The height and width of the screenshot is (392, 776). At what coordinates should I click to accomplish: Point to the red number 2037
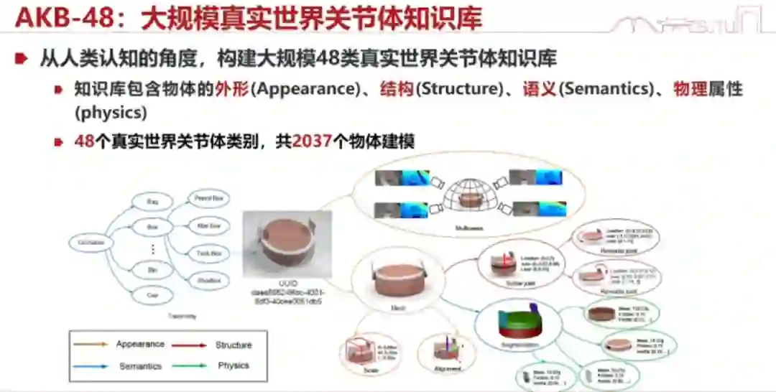[x=312, y=141]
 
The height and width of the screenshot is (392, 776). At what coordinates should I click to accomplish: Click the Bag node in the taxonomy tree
[x=152, y=203]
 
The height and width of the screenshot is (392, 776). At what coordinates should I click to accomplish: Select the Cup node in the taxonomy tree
[x=152, y=294]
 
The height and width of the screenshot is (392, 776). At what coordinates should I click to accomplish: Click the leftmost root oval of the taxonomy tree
[x=91, y=243]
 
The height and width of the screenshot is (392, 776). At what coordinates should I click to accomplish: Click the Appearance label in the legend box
[x=140, y=345]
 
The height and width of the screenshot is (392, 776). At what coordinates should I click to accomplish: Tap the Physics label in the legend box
[x=233, y=365]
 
